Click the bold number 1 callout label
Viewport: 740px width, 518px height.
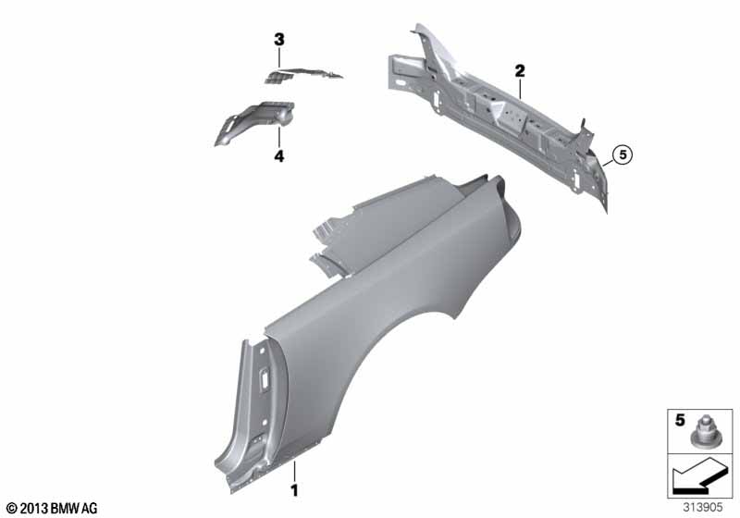(x=294, y=490)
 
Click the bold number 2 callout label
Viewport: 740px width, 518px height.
(x=520, y=71)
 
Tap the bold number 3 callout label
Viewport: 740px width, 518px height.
(x=279, y=40)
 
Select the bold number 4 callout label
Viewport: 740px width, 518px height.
(x=279, y=155)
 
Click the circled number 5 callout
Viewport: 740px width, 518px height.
(x=623, y=154)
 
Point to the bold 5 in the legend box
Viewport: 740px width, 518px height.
(x=680, y=420)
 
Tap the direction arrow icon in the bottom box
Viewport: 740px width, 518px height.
(x=700, y=478)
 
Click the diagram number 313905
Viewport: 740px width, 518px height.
(x=703, y=508)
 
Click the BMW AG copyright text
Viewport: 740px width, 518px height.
(x=53, y=509)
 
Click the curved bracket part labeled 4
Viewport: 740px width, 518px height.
(x=255, y=122)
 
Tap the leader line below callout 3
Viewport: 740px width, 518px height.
(x=279, y=57)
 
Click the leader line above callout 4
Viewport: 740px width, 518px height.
(x=279, y=137)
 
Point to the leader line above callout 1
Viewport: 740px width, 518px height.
(x=294, y=472)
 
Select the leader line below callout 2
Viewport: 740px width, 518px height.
(x=520, y=88)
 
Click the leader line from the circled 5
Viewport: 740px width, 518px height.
(x=609, y=163)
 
